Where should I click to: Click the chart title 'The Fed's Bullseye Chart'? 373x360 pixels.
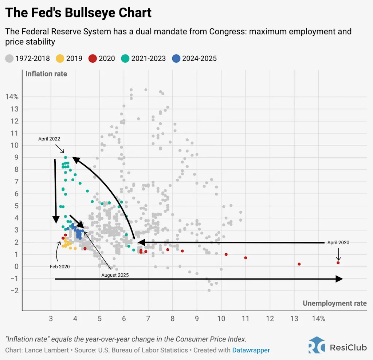point(78,13)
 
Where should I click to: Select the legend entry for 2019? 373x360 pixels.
point(69,58)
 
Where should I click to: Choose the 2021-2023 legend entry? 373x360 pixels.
point(144,58)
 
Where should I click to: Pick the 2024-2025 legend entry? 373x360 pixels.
point(195,58)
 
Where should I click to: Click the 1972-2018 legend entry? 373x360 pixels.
point(27,58)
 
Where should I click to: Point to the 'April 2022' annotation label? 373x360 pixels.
point(49,139)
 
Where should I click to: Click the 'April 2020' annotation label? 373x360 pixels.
point(338,242)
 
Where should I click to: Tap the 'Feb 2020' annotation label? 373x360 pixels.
point(60,267)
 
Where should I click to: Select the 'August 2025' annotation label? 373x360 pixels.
point(115,275)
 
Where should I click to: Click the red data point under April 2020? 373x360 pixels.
point(338,263)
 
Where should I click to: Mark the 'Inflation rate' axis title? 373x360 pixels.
point(46,74)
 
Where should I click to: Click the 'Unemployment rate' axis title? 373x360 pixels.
point(334,304)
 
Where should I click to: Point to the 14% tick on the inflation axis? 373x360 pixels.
point(12,97)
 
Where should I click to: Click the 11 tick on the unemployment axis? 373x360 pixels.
point(246,319)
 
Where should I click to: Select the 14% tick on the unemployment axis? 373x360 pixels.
point(318,319)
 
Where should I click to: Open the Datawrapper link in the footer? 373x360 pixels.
point(251,350)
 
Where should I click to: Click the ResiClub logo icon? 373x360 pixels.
point(317,345)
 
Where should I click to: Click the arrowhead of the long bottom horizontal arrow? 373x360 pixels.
point(339,279)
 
